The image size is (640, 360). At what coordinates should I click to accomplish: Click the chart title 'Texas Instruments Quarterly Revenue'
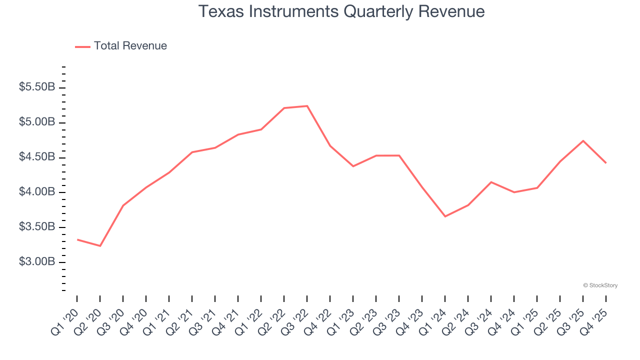click(341, 11)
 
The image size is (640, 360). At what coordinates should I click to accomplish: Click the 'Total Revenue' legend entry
click(130, 46)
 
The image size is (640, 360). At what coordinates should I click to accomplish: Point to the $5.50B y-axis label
click(37, 87)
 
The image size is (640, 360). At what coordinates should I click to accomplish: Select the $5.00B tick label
click(37, 122)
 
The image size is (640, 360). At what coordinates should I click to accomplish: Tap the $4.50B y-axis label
click(37, 157)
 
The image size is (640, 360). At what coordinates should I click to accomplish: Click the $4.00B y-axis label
click(37, 192)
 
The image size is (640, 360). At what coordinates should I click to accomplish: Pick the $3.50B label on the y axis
click(37, 227)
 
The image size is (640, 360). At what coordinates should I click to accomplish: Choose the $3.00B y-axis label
click(37, 262)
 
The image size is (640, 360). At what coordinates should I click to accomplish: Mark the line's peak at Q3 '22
click(307, 106)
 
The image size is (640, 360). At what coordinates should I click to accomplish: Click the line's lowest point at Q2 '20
click(100, 246)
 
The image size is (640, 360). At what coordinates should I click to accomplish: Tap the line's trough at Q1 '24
click(445, 216)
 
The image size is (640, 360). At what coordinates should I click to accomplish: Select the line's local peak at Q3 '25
click(583, 140)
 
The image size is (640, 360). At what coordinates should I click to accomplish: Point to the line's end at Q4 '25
click(606, 163)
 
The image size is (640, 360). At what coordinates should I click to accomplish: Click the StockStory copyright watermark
click(600, 285)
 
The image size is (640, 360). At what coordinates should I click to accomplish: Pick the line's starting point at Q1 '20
click(77, 239)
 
